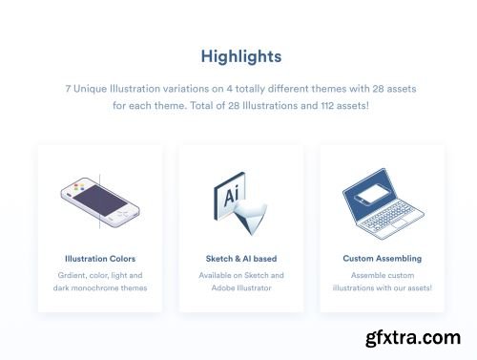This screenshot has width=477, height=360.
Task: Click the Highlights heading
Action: point(240,56)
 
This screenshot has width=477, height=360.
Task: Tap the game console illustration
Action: point(100,202)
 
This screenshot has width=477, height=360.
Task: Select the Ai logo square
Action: point(230,191)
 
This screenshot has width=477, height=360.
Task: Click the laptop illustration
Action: point(381,203)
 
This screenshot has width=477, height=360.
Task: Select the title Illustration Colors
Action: point(100,259)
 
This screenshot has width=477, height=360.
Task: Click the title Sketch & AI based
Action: point(240,259)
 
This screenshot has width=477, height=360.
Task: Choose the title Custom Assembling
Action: point(382,259)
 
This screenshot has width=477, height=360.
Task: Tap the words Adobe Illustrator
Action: point(240,287)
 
